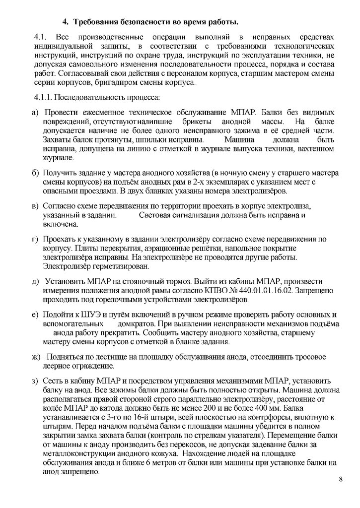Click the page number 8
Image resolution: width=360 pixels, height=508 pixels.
340,479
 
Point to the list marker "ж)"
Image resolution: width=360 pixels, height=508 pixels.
36,357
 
